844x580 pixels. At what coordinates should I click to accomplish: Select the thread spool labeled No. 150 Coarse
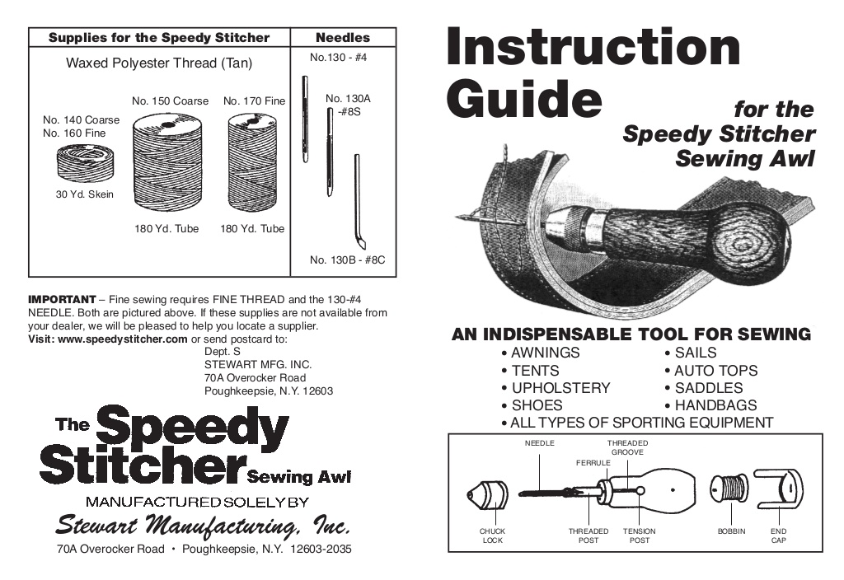166,162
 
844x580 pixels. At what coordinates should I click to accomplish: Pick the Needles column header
343,38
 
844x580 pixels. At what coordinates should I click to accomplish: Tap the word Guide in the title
523,96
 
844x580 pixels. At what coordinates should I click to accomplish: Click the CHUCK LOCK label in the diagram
492,536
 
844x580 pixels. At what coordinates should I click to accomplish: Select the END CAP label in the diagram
779,536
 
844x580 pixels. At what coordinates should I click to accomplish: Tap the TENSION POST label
639,536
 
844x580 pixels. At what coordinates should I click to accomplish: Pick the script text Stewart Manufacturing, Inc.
203,525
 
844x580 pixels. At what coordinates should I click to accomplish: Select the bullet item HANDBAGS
715,405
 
